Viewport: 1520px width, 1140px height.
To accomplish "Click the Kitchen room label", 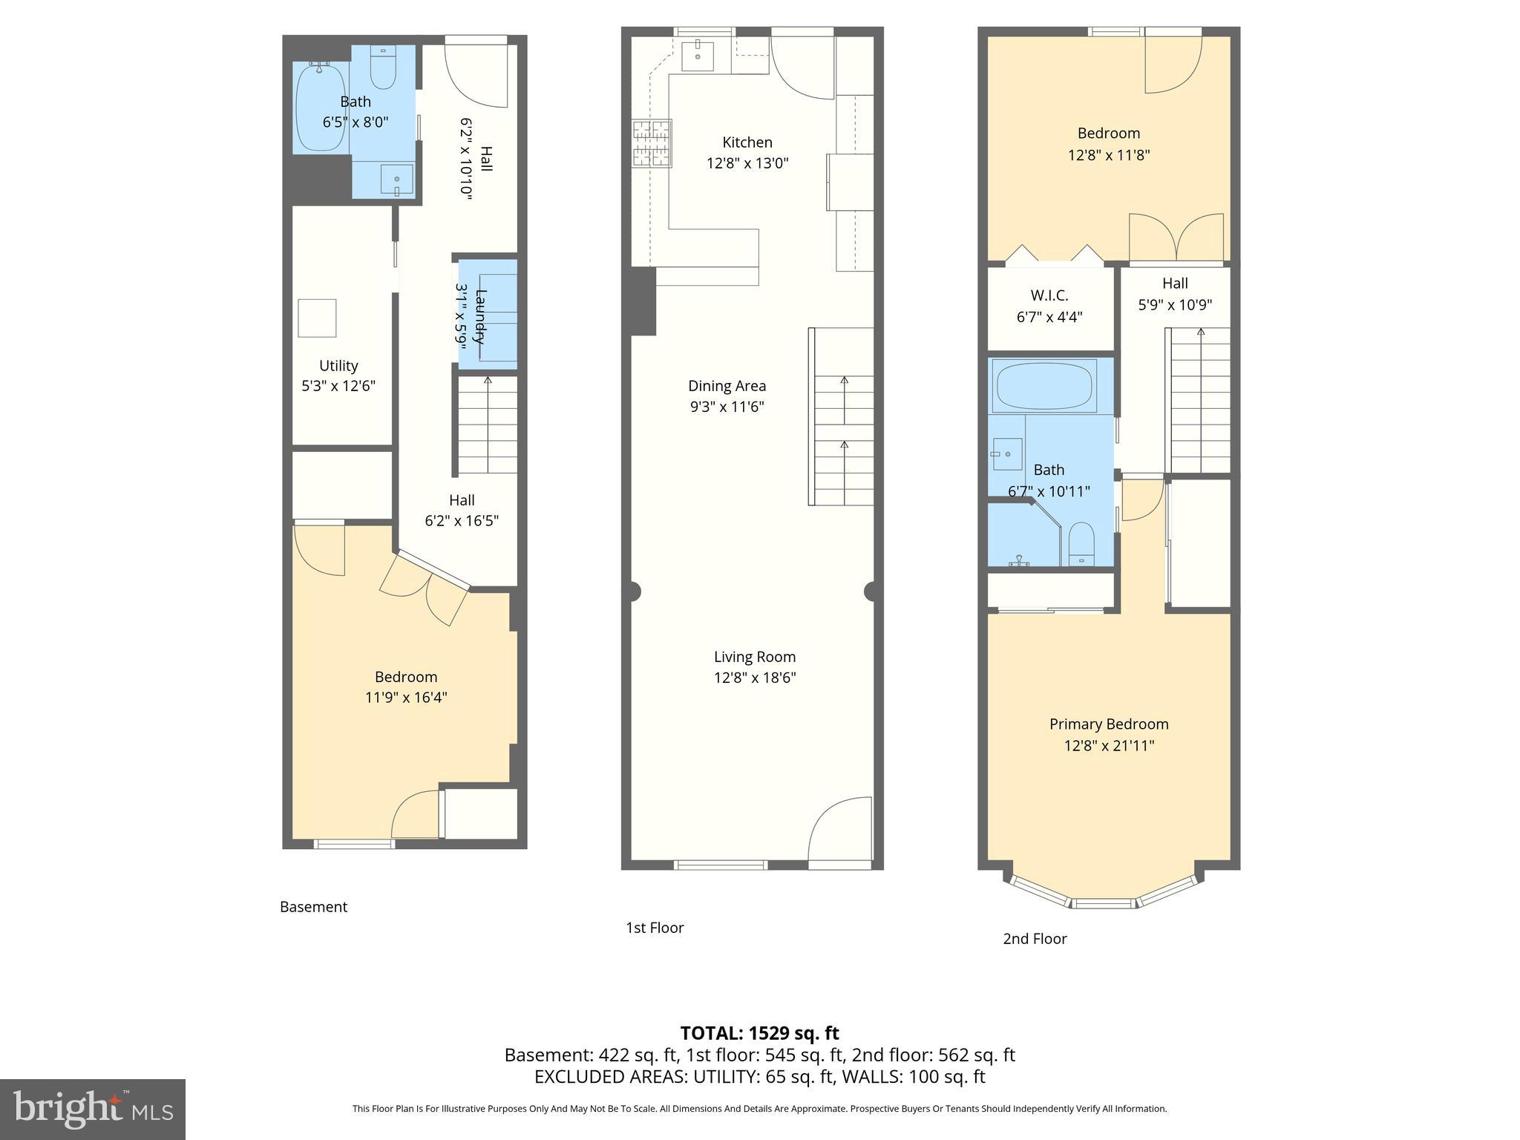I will [747, 142].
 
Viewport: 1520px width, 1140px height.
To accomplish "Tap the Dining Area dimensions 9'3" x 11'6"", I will [727, 407].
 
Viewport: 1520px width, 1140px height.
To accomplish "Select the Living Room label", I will [754, 657].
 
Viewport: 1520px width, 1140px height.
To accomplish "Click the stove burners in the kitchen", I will [652, 142].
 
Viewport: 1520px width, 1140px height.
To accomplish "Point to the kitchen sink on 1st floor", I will [698, 56].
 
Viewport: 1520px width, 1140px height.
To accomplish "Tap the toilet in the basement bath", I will [383, 69].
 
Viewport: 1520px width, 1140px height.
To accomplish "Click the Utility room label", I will [338, 365].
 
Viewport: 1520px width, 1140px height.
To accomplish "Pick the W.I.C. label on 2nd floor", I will [1049, 295].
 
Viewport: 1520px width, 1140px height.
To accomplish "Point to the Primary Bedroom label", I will [1109, 724].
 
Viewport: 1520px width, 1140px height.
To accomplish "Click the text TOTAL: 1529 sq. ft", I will [759, 1033].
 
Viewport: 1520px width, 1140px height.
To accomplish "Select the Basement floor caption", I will [313, 907].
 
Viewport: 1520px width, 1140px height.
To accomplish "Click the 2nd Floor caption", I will [1035, 939].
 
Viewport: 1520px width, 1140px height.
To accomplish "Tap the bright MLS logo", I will [93, 1110].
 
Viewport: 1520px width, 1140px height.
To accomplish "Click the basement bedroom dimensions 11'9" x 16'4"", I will [406, 698].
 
